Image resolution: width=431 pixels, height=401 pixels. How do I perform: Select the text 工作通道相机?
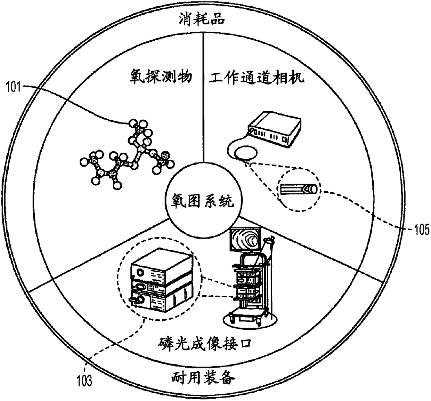point(257,77)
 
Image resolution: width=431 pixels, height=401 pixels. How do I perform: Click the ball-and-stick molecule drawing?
point(125,153)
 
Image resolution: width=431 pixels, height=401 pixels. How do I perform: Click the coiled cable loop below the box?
point(245,153)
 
